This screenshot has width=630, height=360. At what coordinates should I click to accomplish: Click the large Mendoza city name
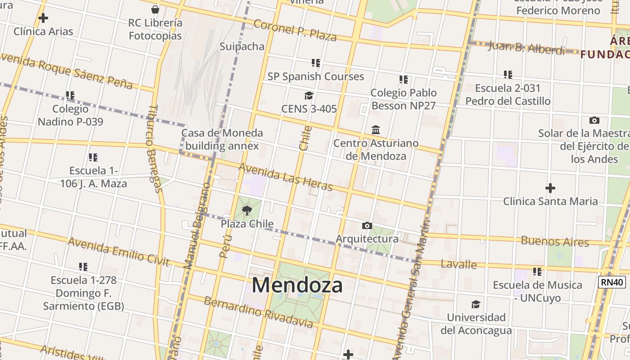click(x=297, y=285)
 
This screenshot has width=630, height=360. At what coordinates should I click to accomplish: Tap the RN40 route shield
click(x=612, y=282)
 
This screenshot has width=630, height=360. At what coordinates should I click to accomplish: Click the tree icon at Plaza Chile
click(x=247, y=210)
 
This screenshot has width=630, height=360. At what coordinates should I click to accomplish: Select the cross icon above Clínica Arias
click(x=43, y=18)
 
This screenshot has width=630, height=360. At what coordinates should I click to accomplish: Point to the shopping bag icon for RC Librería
click(x=155, y=9)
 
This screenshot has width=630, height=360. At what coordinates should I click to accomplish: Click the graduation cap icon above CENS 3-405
click(x=309, y=95)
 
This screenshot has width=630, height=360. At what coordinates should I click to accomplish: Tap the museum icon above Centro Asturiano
click(x=376, y=130)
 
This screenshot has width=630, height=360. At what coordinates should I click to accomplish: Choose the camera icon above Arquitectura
click(x=367, y=225)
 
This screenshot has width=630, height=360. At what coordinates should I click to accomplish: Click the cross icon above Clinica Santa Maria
click(x=550, y=188)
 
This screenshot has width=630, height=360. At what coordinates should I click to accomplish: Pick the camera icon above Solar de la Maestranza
click(x=594, y=120)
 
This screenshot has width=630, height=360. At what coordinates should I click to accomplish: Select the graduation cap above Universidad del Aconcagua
click(x=476, y=304)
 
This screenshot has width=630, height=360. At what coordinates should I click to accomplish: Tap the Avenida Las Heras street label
click(x=285, y=176)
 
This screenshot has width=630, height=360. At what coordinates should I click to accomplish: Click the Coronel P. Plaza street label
click(x=295, y=30)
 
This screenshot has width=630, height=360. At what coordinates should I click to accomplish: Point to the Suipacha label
click(x=242, y=46)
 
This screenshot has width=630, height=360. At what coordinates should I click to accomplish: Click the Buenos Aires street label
click(x=554, y=241)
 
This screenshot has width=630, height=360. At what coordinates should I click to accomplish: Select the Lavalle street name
click(x=459, y=264)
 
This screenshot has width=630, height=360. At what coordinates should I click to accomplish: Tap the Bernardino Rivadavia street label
click(x=258, y=312)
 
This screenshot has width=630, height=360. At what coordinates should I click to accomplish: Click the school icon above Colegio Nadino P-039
click(x=70, y=95)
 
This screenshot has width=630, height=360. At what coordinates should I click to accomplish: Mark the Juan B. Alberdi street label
click(x=526, y=48)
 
